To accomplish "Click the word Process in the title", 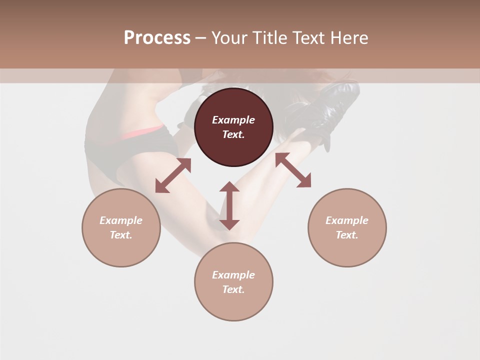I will tap(157, 38).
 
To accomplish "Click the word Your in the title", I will tap(230, 38).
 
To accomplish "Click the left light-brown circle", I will tap(121, 250).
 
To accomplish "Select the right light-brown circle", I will tap(347, 250).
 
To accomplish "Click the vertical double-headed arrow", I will tap(229, 205).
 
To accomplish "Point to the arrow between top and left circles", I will tap(173, 175).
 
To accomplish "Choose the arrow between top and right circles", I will tap(293, 170).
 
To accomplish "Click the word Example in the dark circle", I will tap(233, 120).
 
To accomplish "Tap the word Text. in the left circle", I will tap(121, 235).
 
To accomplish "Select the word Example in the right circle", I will tap(347, 220).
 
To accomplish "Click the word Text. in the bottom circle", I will tap(233, 289).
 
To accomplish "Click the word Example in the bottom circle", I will tap(233, 275).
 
